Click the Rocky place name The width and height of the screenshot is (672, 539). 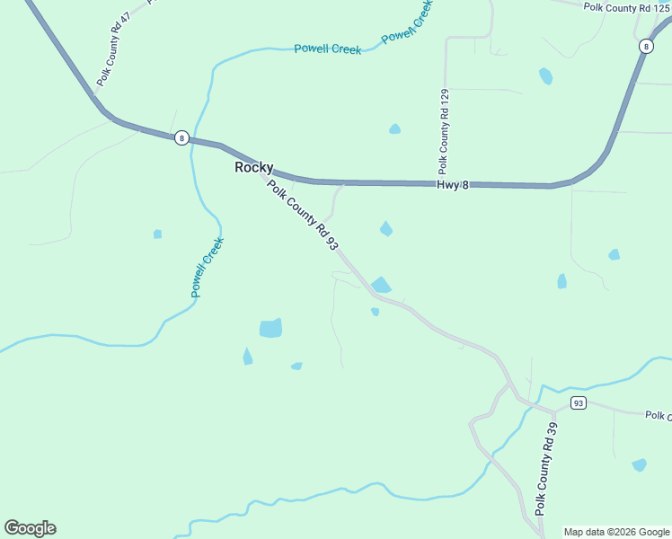pyautogui.click(x=253, y=167)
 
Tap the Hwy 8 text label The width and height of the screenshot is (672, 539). pyautogui.click(x=453, y=184)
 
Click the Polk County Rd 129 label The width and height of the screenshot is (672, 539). pyautogui.click(x=443, y=131)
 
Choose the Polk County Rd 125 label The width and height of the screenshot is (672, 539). pyautogui.click(x=626, y=7)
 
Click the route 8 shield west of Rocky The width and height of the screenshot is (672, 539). pyautogui.click(x=181, y=137)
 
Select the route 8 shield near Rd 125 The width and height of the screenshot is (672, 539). pyautogui.click(x=646, y=46)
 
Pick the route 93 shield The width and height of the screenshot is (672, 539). pyautogui.click(x=578, y=402)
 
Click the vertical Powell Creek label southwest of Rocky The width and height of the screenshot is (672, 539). pyautogui.click(x=207, y=267)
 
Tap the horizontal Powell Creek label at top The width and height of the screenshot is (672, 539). pyautogui.click(x=328, y=49)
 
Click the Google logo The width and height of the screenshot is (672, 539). pyautogui.click(x=30, y=528)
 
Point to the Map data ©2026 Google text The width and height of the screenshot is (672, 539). pyautogui.click(x=616, y=532)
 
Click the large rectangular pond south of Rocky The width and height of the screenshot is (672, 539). pyautogui.click(x=270, y=328)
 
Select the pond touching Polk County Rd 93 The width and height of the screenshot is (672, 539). pyautogui.click(x=381, y=285)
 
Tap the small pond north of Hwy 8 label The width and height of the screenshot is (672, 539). pyautogui.click(x=394, y=129)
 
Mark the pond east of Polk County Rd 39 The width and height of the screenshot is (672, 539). pyautogui.click(x=639, y=464)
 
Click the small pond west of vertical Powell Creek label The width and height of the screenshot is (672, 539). pyautogui.click(x=157, y=234)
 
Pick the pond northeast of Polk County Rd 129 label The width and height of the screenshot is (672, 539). pyautogui.click(x=545, y=76)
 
